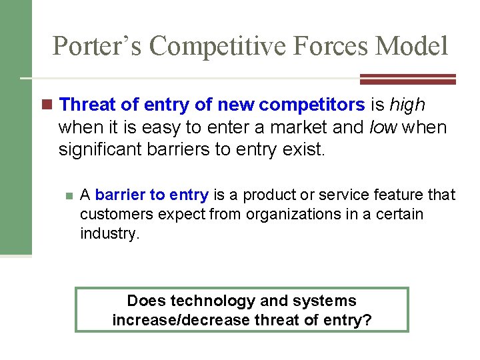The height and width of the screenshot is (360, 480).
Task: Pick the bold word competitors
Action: pos(311,105)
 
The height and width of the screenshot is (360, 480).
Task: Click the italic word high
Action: pos(407,105)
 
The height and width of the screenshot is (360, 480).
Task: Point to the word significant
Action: pos(99,149)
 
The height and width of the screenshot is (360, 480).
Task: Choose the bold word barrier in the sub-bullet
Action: pos(121,195)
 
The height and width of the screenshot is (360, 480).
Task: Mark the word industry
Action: pos(109,234)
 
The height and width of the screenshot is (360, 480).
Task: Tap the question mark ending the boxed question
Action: pos(367,320)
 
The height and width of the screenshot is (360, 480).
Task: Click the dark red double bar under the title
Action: pos(407,79)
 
